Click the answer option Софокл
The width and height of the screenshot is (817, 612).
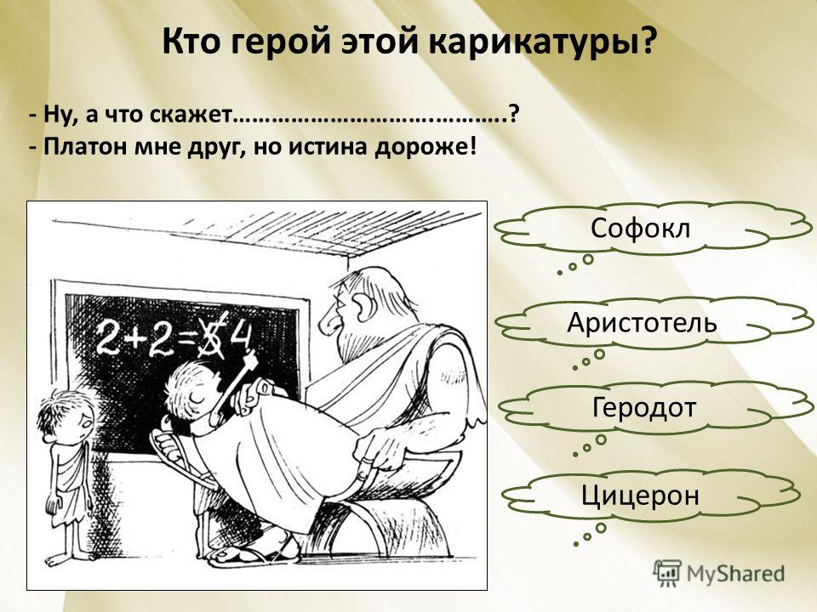pyautogui.click(x=640, y=228)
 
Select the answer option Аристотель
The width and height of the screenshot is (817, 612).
pyautogui.click(x=642, y=322)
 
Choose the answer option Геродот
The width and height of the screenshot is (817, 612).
pyautogui.click(x=644, y=407)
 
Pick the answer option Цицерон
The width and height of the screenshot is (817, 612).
pyautogui.click(x=640, y=495)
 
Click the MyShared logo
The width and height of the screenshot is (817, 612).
pyautogui.click(x=718, y=574)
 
